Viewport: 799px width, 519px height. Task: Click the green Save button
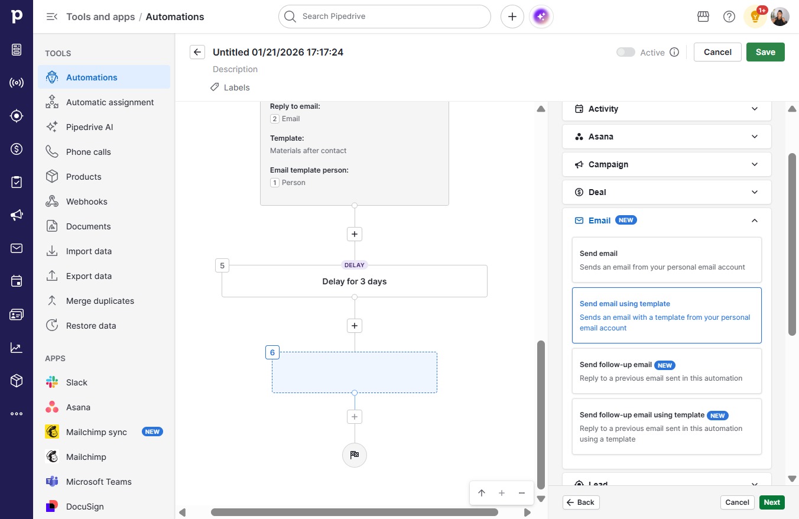point(765,52)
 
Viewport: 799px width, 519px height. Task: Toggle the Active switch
point(625,52)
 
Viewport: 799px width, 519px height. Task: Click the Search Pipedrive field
point(384,17)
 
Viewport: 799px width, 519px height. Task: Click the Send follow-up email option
point(666,371)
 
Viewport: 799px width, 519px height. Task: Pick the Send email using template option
point(666,315)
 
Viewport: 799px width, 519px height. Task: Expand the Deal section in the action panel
point(666,192)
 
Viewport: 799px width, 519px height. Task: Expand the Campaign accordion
point(666,164)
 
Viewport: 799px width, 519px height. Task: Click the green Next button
point(772,502)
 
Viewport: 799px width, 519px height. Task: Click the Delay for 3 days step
point(354,281)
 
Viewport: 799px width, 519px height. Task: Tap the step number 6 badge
point(272,352)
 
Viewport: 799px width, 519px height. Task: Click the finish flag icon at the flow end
point(354,455)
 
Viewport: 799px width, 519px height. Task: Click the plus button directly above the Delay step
point(354,234)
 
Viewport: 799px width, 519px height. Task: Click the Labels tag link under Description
point(230,87)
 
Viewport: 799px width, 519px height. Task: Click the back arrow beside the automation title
point(197,52)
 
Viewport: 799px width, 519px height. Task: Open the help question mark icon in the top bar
point(729,17)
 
